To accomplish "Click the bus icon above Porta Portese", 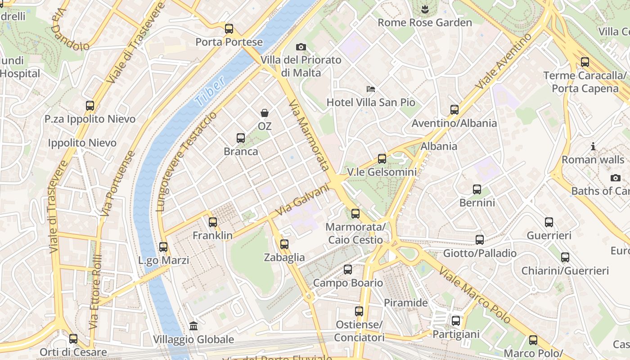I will pyautogui.click(x=229, y=29).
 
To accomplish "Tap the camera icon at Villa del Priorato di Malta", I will pyautogui.click(x=301, y=47).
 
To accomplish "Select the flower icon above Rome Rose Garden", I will pyautogui.click(x=424, y=9).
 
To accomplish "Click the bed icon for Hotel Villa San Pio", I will pyautogui.click(x=371, y=89).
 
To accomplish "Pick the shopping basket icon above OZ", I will pyautogui.click(x=265, y=113).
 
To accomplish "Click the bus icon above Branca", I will pyautogui.click(x=241, y=138).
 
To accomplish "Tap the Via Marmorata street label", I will pyautogui.click(x=309, y=135).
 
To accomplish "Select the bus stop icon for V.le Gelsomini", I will pyautogui.click(x=382, y=158).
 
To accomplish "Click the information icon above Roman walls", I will pyautogui.click(x=593, y=146).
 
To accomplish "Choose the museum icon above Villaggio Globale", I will pyautogui.click(x=193, y=325).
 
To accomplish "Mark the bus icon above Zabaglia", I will pyautogui.click(x=284, y=244).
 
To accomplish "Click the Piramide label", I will pyautogui.click(x=405, y=303).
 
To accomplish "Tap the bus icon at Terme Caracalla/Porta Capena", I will pyautogui.click(x=585, y=62).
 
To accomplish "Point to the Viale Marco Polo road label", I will pyautogui.click(x=475, y=295).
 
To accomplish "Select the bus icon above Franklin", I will pyautogui.click(x=213, y=222).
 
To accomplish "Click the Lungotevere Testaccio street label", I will pyautogui.click(x=186, y=162).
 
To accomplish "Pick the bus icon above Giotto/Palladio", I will pyautogui.click(x=480, y=239).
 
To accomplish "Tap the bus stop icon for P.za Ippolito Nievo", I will pyautogui.click(x=90, y=106).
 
